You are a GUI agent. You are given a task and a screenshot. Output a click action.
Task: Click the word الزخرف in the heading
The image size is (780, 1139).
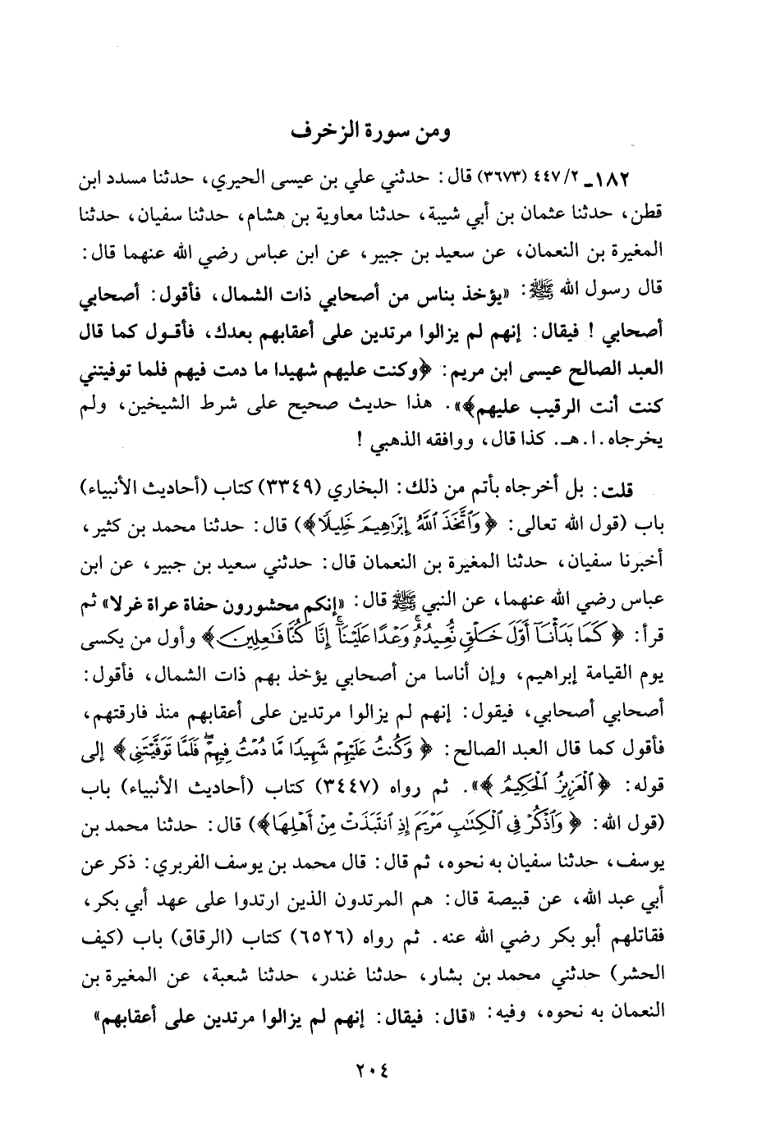333,130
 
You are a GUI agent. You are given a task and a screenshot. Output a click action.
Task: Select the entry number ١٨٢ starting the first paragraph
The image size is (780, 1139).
640,178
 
